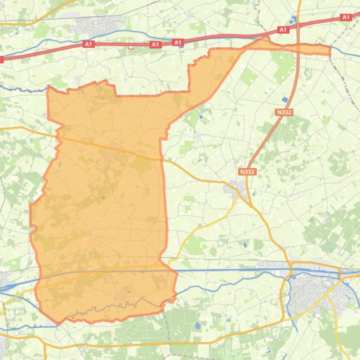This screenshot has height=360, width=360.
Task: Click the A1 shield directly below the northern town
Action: point(88,44)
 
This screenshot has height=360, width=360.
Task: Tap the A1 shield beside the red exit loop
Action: point(155,45)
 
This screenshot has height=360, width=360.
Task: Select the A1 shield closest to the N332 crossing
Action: point(282,29)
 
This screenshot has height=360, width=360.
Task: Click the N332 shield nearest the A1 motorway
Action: point(284,112)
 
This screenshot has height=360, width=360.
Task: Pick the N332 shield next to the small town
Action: point(247,172)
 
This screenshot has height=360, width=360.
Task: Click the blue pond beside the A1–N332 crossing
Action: point(294,20)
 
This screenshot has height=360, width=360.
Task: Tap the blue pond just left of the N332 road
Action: point(285,100)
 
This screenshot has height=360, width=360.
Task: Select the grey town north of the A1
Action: point(96,24)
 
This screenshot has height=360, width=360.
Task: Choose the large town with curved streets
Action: point(318,290)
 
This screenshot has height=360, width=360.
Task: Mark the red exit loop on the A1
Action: point(130,46)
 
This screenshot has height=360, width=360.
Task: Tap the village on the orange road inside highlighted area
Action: point(111,154)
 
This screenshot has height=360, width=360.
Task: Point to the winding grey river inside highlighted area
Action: point(117,306)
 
